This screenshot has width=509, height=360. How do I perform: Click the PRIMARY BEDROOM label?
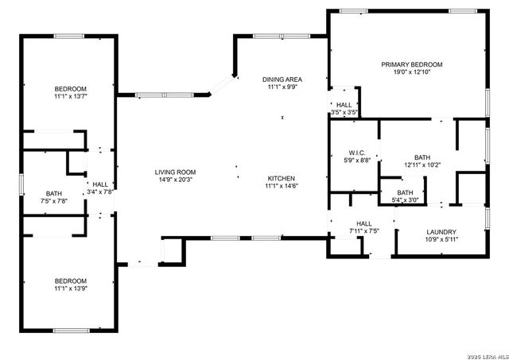click(411, 64)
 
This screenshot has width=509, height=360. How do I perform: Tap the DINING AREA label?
click(282, 79)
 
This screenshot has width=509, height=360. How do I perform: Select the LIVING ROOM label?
click(175, 172)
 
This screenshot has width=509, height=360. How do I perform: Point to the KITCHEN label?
click(282, 178)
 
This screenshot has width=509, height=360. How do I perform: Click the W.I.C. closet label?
click(356, 153)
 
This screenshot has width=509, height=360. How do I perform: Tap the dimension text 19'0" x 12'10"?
click(411, 72)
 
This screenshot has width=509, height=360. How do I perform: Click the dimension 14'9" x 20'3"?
click(175, 180)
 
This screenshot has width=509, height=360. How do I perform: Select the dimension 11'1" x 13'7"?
click(70, 96)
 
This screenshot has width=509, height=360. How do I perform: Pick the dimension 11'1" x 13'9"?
click(70, 289)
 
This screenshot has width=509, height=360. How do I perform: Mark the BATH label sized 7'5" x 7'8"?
click(53, 193)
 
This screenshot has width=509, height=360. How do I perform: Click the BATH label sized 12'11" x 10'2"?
click(422, 157)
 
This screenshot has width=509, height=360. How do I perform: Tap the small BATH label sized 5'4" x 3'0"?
click(405, 192)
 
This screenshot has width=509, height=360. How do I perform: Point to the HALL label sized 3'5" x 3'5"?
click(344, 105)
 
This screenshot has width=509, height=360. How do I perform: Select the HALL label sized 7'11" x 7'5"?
click(364, 223)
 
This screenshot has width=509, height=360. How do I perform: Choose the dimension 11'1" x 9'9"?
click(282, 87)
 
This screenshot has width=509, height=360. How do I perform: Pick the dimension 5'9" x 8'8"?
click(356, 161)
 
